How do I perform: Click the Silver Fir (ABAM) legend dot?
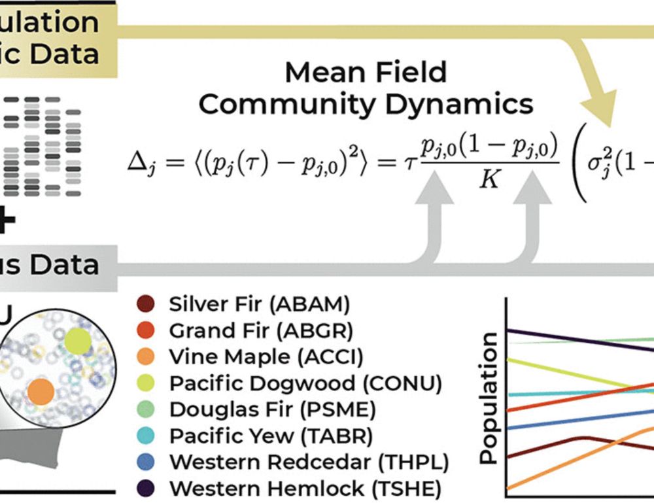[x=145, y=304]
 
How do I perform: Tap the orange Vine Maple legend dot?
[x=145, y=357]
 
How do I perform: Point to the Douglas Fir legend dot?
[x=145, y=410]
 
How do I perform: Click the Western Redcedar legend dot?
[x=145, y=462]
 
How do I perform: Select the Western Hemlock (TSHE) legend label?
[x=305, y=489]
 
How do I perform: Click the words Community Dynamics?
[x=366, y=104]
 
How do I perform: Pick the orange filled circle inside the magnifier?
[x=41, y=391]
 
